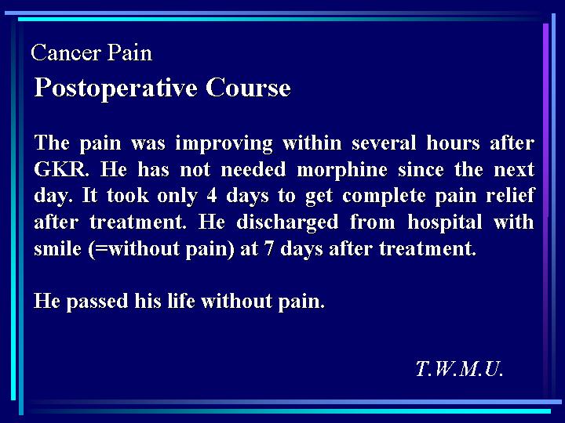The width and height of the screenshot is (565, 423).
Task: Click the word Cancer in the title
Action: point(66,53)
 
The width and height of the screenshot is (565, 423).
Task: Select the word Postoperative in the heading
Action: point(115,89)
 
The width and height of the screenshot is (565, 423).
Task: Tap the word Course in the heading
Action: point(248,88)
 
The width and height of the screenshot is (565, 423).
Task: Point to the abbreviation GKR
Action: point(62,169)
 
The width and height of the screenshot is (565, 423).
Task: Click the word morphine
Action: point(342,170)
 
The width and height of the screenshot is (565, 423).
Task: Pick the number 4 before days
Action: point(212,196)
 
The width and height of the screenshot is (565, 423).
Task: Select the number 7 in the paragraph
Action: point(269,249)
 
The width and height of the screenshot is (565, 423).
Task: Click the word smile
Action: point(57,248)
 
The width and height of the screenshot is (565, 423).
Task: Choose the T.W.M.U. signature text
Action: point(459,369)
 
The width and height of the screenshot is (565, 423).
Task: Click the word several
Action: point(384,143)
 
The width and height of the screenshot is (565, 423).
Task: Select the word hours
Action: point(453,143)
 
